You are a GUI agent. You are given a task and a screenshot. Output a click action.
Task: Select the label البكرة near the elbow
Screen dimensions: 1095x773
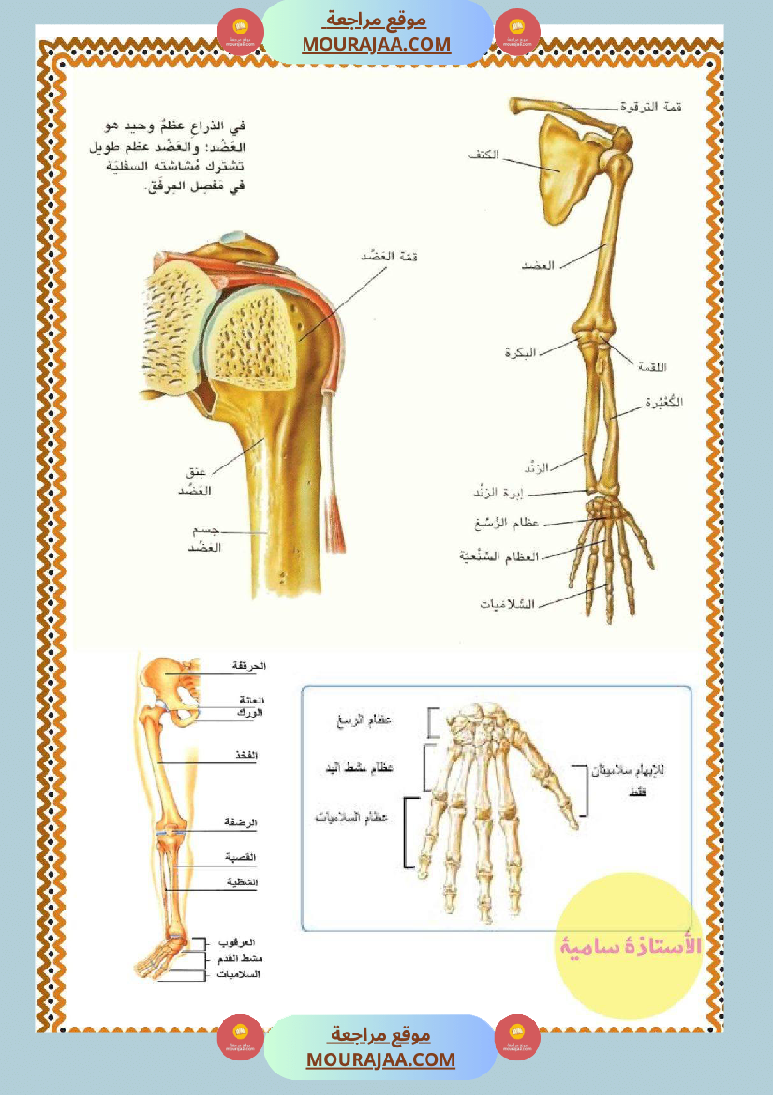[519, 353]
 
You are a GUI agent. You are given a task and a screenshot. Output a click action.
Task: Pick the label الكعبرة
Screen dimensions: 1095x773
[664, 402]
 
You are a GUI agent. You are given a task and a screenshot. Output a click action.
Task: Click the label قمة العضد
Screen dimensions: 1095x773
[387, 256]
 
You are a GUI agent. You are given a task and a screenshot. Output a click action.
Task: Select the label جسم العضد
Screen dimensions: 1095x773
[200, 538]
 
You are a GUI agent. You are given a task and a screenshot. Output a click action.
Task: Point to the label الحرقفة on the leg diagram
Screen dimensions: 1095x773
[249, 665]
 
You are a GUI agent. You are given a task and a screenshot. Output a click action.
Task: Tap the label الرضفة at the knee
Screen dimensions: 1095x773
[240, 822]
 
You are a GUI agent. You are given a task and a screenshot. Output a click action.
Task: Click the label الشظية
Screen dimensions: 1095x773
[241, 882]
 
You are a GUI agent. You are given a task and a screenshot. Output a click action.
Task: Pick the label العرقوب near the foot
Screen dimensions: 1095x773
[238, 941]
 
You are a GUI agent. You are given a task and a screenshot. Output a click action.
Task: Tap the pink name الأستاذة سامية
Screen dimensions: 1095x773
[631, 946]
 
